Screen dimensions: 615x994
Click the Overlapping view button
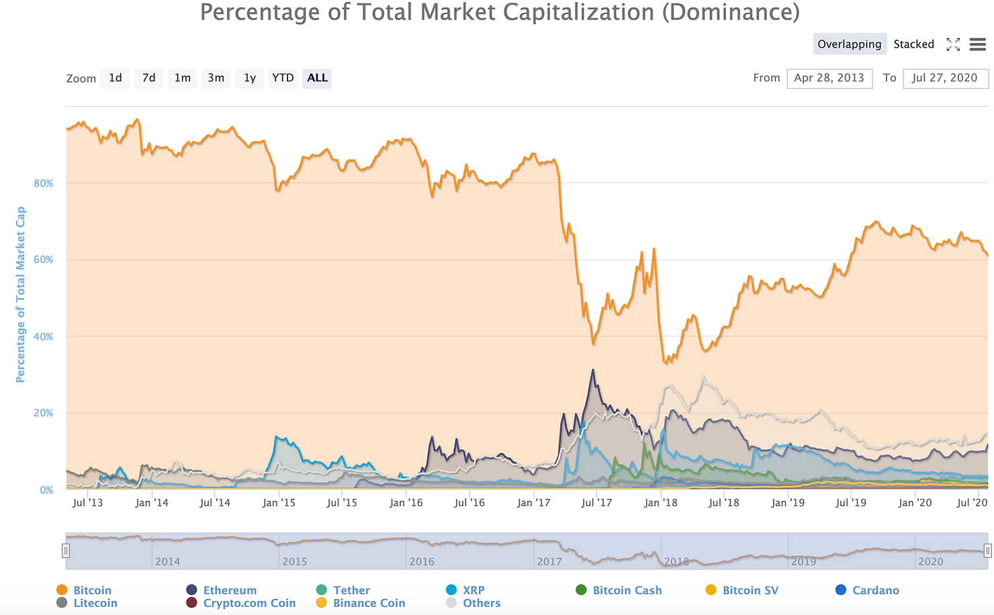pyautogui.click(x=849, y=44)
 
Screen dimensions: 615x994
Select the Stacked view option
pyautogui.click(x=913, y=44)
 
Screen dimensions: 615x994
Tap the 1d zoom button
pyautogui.click(x=116, y=78)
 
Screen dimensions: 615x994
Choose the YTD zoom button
pyautogui.click(x=283, y=78)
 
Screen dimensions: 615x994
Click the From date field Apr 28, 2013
pyautogui.click(x=829, y=78)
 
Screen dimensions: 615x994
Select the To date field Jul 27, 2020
pyautogui.click(x=944, y=78)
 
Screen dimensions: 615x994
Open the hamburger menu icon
pyautogui.click(x=978, y=44)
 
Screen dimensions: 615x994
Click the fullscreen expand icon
pyautogui.click(x=953, y=44)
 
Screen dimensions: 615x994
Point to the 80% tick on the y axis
pyautogui.click(x=44, y=183)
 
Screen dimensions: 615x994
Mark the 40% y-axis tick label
pyautogui.click(x=44, y=336)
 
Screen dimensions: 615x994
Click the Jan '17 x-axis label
pyautogui.click(x=533, y=502)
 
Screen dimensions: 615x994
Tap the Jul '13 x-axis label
pyautogui.click(x=88, y=502)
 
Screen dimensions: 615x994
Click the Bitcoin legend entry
pyautogui.click(x=92, y=590)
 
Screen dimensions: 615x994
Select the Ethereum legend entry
pyautogui.click(x=230, y=590)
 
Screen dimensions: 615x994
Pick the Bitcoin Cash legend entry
pyautogui.click(x=627, y=590)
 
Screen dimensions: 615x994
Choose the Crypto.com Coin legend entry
pyautogui.click(x=249, y=603)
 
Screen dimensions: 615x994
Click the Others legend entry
pyautogui.click(x=482, y=603)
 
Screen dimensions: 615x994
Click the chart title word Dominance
pyautogui.click(x=731, y=12)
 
